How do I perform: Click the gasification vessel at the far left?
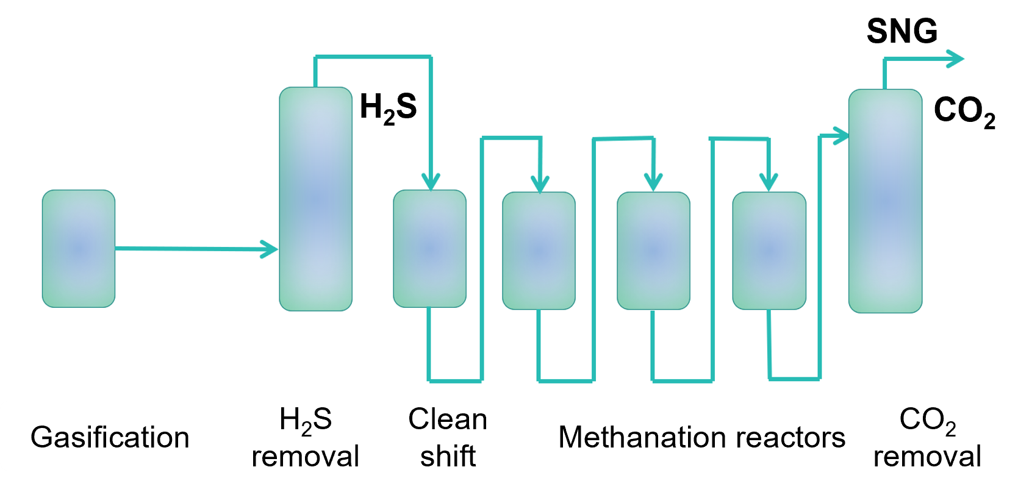tap(78, 248)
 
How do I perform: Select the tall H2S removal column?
tap(315, 199)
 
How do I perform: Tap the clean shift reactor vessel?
tap(429, 248)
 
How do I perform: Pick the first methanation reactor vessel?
tap(539, 251)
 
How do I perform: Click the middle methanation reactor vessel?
tap(653, 251)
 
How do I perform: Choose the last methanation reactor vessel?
tap(769, 251)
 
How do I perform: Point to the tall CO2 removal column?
tap(885, 201)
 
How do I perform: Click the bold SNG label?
tap(902, 31)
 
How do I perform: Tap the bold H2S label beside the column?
tap(388, 108)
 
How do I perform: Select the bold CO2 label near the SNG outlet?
tap(964, 112)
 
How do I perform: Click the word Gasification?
tap(110, 438)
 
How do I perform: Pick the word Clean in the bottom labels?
tap(448, 419)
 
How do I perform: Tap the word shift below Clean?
tap(448, 456)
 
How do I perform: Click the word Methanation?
tap(642, 438)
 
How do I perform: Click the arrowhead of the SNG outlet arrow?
tap(955, 59)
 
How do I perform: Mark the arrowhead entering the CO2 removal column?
tap(841, 136)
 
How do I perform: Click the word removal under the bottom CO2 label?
tap(927, 457)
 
